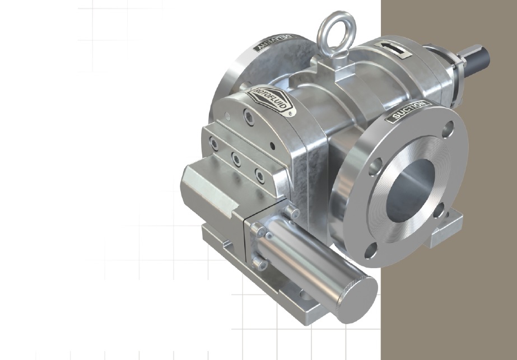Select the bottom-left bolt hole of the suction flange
(371, 251)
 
